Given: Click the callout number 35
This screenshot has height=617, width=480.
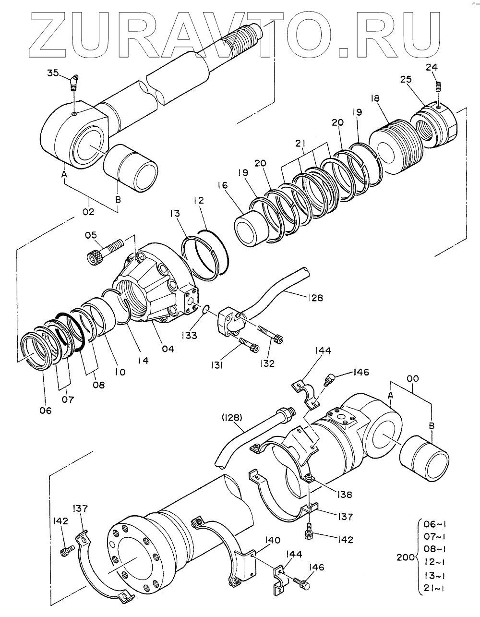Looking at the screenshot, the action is [x=53, y=73].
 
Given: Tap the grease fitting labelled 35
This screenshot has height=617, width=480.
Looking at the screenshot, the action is [x=74, y=83].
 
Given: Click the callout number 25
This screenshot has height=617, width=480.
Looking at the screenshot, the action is [x=406, y=79].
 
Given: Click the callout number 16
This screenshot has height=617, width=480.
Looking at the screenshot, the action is [x=223, y=185].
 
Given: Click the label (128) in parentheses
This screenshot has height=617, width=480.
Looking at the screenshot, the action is [x=232, y=418].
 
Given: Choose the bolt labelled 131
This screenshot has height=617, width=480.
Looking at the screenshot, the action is [x=249, y=345].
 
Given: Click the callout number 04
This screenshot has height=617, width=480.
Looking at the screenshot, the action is [x=168, y=349].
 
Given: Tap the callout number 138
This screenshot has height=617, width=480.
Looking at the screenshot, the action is [x=344, y=495].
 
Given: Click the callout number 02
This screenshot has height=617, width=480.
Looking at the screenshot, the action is [x=88, y=212].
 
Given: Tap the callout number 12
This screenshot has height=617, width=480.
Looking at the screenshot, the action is [x=199, y=200].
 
